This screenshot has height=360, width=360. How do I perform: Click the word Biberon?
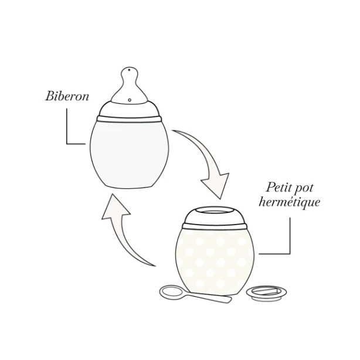(x=67, y=96)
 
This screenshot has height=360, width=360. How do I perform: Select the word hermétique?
(x=289, y=202)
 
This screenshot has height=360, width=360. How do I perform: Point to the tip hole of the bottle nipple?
(x=130, y=70)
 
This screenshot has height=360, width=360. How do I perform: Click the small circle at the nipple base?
(x=130, y=100)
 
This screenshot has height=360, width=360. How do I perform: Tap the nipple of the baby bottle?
(x=129, y=85)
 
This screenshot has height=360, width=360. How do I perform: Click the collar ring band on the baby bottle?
(x=129, y=119)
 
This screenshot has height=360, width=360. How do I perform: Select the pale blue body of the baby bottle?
(x=129, y=154)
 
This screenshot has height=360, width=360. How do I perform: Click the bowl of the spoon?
(x=171, y=292)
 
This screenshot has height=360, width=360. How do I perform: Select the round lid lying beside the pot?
(x=266, y=293)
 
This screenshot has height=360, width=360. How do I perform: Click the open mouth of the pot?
(x=214, y=210)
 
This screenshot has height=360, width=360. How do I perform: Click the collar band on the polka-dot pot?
(x=215, y=226)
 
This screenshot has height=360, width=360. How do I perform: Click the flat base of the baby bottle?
(x=129, y=187)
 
